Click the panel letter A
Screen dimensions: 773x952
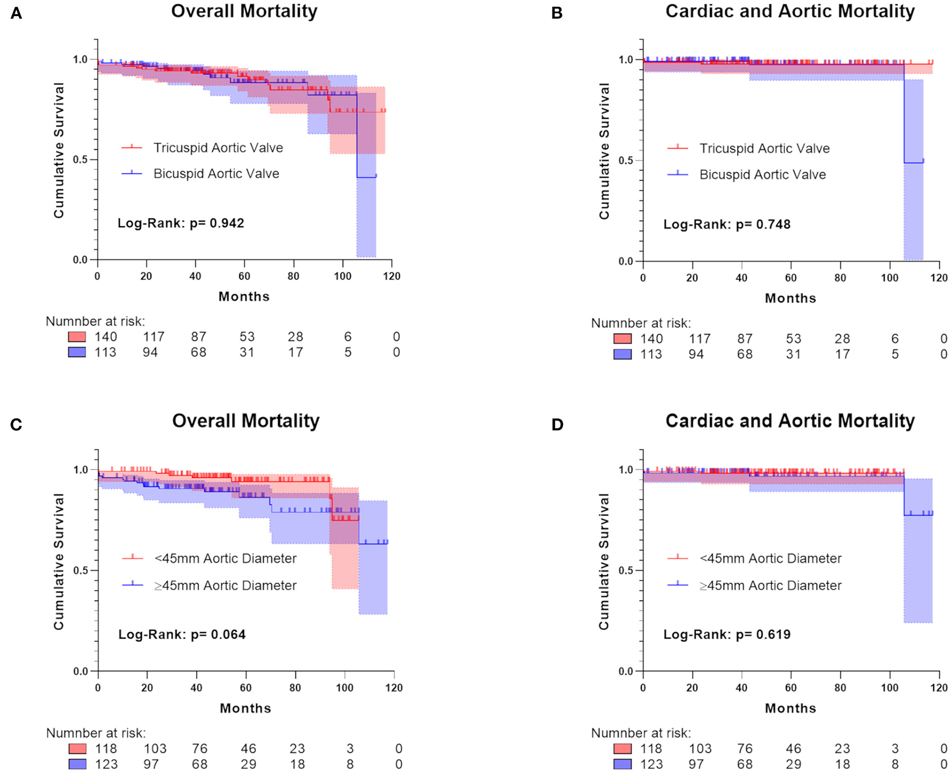point(16,13)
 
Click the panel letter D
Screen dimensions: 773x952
point(557,424)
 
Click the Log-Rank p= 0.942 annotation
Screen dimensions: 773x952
point(181,223)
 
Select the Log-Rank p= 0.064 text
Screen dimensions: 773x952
point(182,634)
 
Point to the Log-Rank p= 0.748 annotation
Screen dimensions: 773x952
point(727,224)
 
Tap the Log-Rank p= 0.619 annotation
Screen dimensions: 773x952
point(727,634)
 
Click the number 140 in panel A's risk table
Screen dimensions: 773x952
point(106,337)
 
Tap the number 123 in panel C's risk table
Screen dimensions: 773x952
point(106,764)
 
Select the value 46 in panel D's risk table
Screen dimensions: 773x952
point(794,748)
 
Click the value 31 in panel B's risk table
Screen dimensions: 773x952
point(794,354)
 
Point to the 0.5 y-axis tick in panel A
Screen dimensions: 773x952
point(80,160)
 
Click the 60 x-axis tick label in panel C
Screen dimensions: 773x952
point(246,688)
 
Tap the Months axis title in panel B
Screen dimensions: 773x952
point(790,298)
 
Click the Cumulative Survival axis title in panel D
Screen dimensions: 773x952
point(604,561)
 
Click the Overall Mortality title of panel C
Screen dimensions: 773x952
point(246,421)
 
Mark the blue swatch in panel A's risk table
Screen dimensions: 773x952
point(77,352)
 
